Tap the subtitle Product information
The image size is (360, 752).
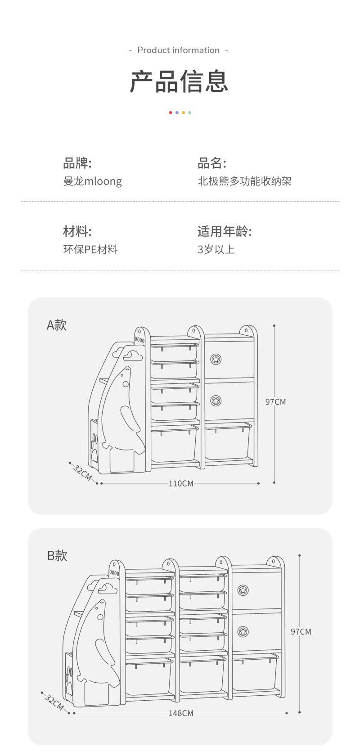coord(179,50)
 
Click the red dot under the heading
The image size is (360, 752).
coord(170,113)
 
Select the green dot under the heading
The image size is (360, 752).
coord(190,113)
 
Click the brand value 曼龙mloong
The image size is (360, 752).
coord(92,181)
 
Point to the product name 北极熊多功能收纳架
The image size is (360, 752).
coord(244,181)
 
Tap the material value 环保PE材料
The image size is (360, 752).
coord(90,249)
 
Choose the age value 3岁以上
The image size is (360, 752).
coord(216,249)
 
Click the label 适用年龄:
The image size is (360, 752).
coord(224,231)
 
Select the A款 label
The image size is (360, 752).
coord(57,324)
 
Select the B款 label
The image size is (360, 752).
coord(57,555)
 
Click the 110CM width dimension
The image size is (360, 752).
coord(181,483)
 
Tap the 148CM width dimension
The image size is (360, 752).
coord(181,713)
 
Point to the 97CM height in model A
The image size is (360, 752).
coord(275,402)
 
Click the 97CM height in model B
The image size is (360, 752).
coord(301,632)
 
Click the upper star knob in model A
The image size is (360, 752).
coord(216,359)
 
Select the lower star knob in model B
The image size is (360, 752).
coord(243,631)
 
